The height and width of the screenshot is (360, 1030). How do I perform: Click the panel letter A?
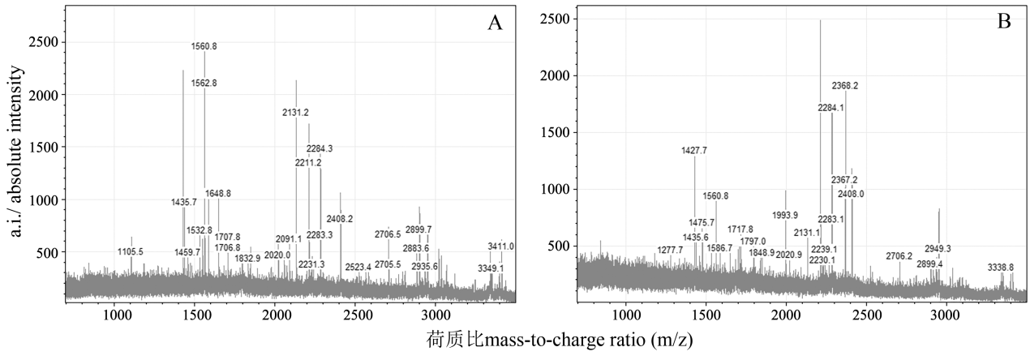[495, 23]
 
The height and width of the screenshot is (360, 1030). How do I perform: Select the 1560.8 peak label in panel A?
[204, 47]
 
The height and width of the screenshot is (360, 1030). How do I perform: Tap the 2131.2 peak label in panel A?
[295, 113]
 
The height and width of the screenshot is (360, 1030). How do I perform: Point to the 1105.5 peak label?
[130, 252]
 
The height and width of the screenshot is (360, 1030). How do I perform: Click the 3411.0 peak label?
[500, 246]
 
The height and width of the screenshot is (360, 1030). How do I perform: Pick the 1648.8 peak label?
[218, 194]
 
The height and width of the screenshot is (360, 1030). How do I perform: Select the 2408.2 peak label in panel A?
[340, 219]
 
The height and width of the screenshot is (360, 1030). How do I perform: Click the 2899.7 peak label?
[418, 229]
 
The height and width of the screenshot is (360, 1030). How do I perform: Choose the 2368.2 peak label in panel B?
[845, 85]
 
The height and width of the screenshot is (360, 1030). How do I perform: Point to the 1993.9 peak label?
[785, 215]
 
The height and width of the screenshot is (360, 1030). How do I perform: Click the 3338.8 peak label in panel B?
[1000, 267]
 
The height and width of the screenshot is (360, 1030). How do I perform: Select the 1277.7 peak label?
[670, 250]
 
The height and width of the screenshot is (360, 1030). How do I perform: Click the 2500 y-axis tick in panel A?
[42, 42]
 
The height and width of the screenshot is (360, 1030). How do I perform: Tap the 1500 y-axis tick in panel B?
[554, 132]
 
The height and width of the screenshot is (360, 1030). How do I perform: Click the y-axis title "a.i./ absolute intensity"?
[16, 152]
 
